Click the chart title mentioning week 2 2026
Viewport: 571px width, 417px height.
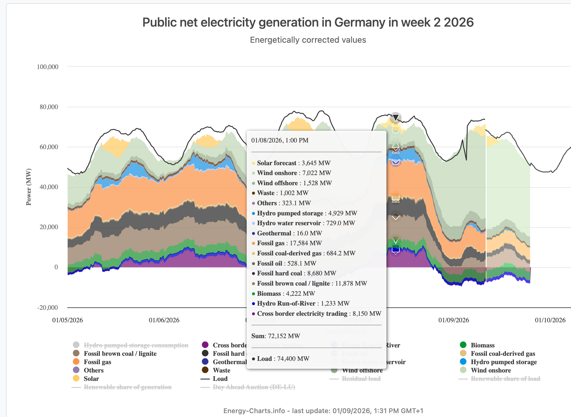(308, 22)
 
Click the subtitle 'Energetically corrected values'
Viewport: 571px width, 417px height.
(308, 40)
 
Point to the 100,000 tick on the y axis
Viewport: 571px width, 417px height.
(47, 67)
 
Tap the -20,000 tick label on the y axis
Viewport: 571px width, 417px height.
(47, 308)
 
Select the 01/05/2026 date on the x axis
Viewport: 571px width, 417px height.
(67, 320)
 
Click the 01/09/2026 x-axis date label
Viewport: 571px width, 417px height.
(453, 320)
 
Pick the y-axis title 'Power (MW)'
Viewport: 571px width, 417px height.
(29, 187)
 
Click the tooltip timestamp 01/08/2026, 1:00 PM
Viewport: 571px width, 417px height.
(280, 140)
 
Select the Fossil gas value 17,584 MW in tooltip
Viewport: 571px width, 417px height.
(306, 243)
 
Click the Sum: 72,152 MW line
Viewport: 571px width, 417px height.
(276, 336)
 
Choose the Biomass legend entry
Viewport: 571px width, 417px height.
(482, 345)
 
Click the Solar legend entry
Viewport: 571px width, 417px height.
(91, 379)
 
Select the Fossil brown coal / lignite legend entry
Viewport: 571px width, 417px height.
(120, 354)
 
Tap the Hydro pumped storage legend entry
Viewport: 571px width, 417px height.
(504, 362)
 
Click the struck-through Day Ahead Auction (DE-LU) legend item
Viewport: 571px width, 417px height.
(254, 387)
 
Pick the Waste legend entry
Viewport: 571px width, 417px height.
(221, 370)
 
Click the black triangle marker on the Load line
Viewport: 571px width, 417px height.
(396, 118)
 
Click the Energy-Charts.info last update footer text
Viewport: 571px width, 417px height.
(323, 411)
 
